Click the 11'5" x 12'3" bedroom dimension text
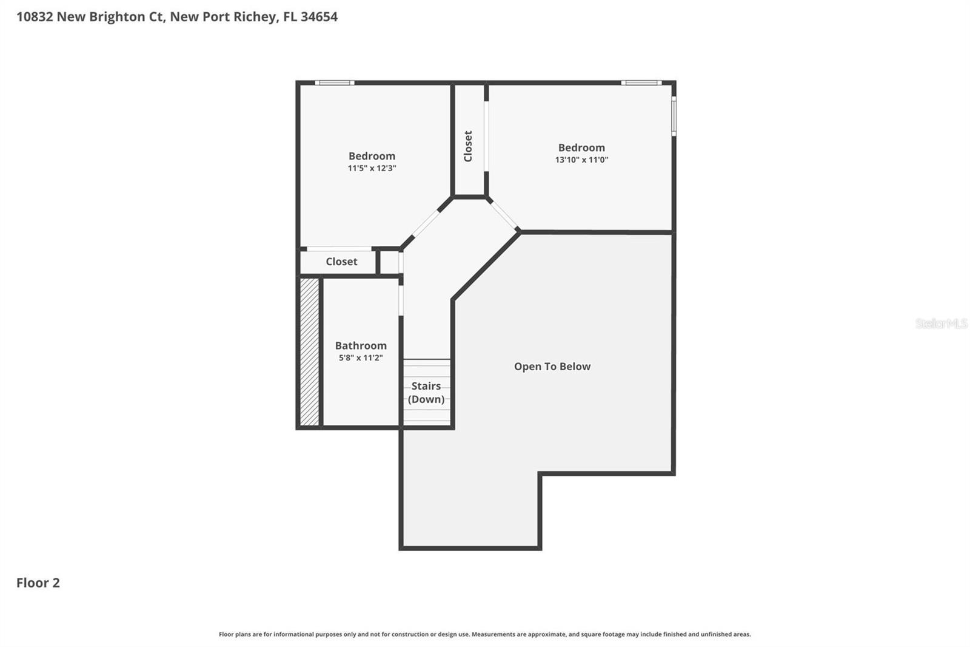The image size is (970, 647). coord(372,168)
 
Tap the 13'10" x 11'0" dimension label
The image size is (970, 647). coord(581,160)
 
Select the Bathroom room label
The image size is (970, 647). coord(361,345)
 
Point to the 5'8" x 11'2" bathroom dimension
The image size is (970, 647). coord(361,357)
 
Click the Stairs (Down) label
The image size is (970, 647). coord(426,392)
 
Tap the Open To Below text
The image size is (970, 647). coord(552,366)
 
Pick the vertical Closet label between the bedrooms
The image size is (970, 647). coord(468,146)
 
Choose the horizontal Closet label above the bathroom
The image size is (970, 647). coord(341,262)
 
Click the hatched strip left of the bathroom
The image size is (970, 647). coord(309,351)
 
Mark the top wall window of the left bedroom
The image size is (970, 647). coord(334,83)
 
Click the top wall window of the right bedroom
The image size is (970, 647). coord(641,83)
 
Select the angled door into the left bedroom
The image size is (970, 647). coord(426,223)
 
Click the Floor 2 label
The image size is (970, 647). coord(38,583)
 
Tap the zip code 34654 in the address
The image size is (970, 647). coord(319,16)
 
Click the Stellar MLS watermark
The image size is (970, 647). coord(941,323)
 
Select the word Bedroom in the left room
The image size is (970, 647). coord(372,156)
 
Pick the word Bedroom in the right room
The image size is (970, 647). coord(581,147)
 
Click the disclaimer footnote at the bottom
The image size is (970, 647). coord(484,634)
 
